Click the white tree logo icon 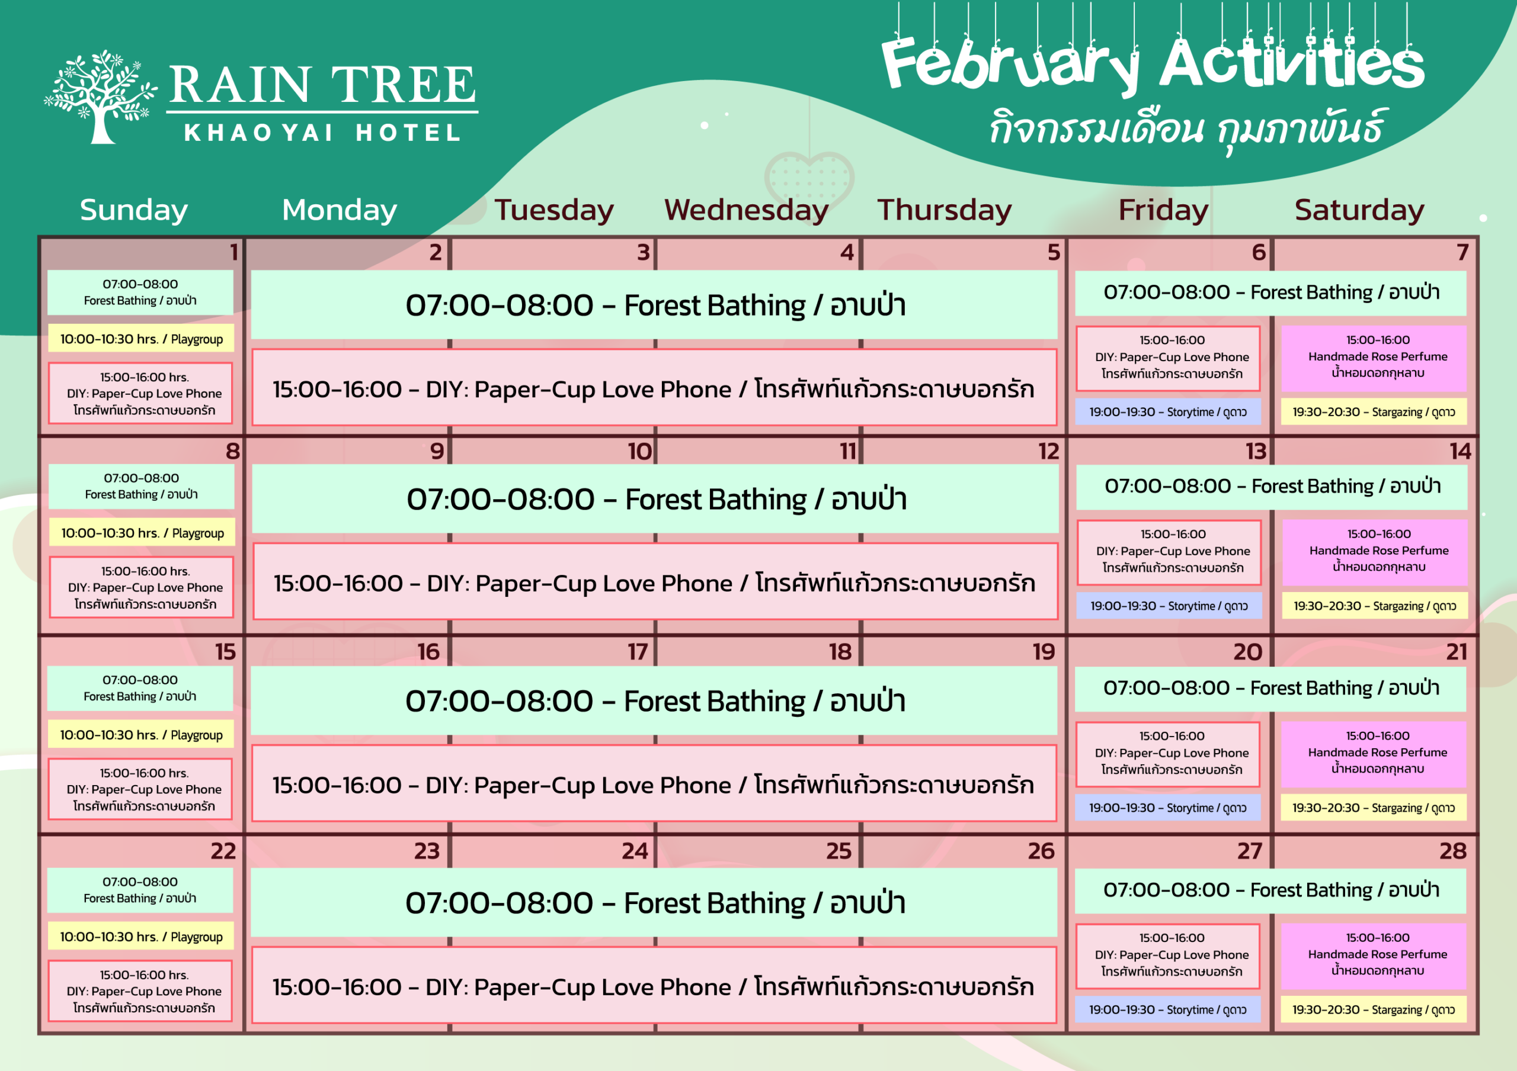click(x=100, y=97)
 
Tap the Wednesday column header click(x=746, y=210)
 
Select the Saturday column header click(x=1359, y=210)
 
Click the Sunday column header click(x=134, y=210)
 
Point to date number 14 click(x=1460, y=451)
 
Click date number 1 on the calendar click(x=234, y=252)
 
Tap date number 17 click(x=638, y=652)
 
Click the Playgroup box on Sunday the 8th click(x=142, y=533)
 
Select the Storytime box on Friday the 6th click(x=1168, y=412)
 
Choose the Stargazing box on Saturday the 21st click(x=1374, y=808)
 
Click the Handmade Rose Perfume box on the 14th click(x=1375, y=552)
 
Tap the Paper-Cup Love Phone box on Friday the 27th click(x=1168, y=956)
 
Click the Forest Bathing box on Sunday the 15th click(x=140, y=688)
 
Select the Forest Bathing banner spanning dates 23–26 click(x=655, y=903)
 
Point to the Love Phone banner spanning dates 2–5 click(x=655, y=388)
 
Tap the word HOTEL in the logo click(x=408, y=133)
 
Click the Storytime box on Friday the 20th click(x=1168, y=808)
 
